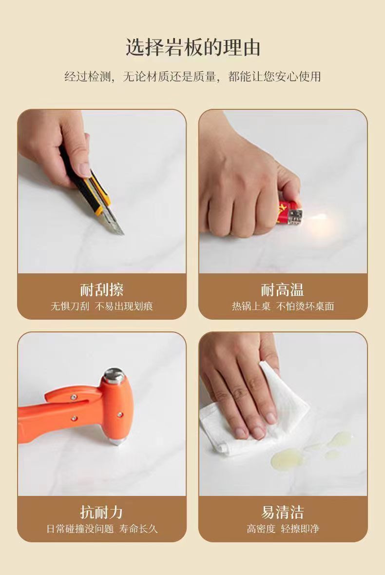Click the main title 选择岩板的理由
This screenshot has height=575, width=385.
193,47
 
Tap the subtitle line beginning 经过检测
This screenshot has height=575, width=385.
192,76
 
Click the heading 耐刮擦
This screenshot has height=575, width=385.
102,290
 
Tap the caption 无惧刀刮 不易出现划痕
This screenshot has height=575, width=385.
102,306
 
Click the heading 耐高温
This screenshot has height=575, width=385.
283,290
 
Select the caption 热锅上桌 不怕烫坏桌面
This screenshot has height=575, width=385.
283,306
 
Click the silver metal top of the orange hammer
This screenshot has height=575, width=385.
114,375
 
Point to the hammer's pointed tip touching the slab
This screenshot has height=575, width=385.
116,441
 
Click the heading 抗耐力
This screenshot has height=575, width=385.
101,512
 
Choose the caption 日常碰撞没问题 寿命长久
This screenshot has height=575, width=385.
102,529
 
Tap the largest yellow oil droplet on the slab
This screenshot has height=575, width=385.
286,459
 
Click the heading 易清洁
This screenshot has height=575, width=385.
283,512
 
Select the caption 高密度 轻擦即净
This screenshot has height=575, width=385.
283,529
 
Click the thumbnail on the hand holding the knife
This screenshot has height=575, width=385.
85,169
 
